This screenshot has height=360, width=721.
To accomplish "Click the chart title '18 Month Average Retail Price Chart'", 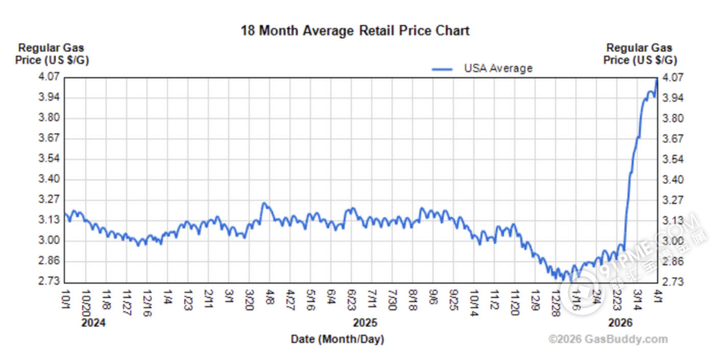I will point(354,31).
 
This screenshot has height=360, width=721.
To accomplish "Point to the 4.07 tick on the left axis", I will point(50,78).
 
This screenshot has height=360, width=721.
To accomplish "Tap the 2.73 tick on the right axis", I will point(672,282).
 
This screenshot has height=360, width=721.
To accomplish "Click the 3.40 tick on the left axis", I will point(50,179).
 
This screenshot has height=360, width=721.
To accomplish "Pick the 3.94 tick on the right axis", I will point(672,98).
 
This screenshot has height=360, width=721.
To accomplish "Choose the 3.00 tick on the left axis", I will point(50,241).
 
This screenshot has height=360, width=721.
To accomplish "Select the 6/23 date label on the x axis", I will point(351,301).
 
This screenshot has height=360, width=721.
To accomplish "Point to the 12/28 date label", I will point(555,303).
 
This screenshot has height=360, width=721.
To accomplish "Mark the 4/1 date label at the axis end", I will point(656,298).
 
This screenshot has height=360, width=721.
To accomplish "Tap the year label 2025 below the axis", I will point(365,324).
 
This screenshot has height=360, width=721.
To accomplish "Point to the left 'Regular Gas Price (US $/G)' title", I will point(50,54).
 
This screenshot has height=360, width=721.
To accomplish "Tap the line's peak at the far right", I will point(656,78).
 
